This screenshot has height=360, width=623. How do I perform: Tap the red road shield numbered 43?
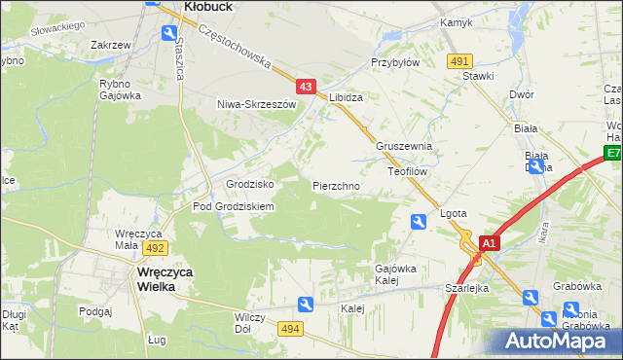tap(306, 87)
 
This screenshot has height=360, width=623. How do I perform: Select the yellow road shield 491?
tap(460, 61)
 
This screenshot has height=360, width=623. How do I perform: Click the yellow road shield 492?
tap(158, 248)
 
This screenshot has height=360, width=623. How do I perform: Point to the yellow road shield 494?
tap(290, 330)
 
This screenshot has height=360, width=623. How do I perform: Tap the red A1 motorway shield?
tap(490, 243)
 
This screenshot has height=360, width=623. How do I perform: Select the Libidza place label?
tap(346, 98)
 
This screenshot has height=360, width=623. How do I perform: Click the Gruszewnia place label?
tap(403, 146)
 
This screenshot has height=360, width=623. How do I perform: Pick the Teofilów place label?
tap(408, 170)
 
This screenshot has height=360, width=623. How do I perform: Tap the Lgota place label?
tap(454, 213)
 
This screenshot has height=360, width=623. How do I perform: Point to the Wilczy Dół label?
tap(243, 323)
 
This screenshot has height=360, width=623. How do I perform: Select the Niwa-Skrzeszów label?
tap(255, 103)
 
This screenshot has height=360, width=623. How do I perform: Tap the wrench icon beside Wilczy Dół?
tap(306, 305)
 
